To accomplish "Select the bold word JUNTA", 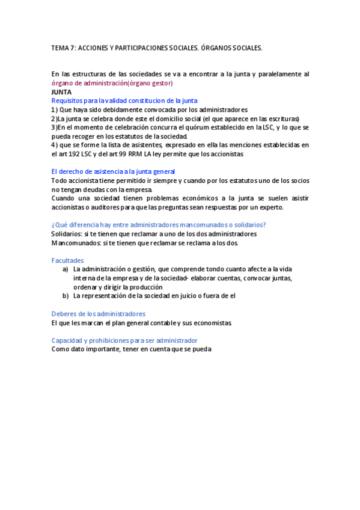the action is [62, 92].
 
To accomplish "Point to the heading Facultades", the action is [68, 260].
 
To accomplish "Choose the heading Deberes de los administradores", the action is [99, 314].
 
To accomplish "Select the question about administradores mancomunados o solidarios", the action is [159, 225].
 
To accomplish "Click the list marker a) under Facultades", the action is [66, 269].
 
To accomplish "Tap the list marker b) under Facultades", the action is [66, 296].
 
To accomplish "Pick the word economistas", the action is [211, 323].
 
